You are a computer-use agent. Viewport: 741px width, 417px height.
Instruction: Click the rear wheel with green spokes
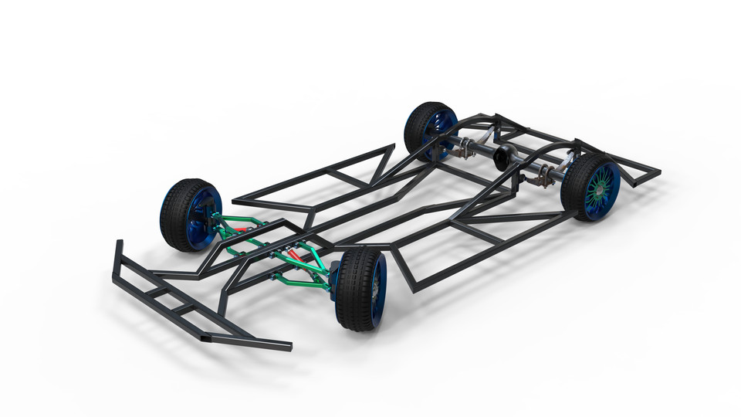tap(592, 187)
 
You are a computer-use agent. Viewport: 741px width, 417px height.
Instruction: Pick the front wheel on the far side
tap(190, 215)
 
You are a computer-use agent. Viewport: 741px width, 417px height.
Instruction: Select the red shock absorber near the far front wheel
tap(241, 229)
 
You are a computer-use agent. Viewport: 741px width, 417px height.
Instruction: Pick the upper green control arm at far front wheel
tap(232, 222)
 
